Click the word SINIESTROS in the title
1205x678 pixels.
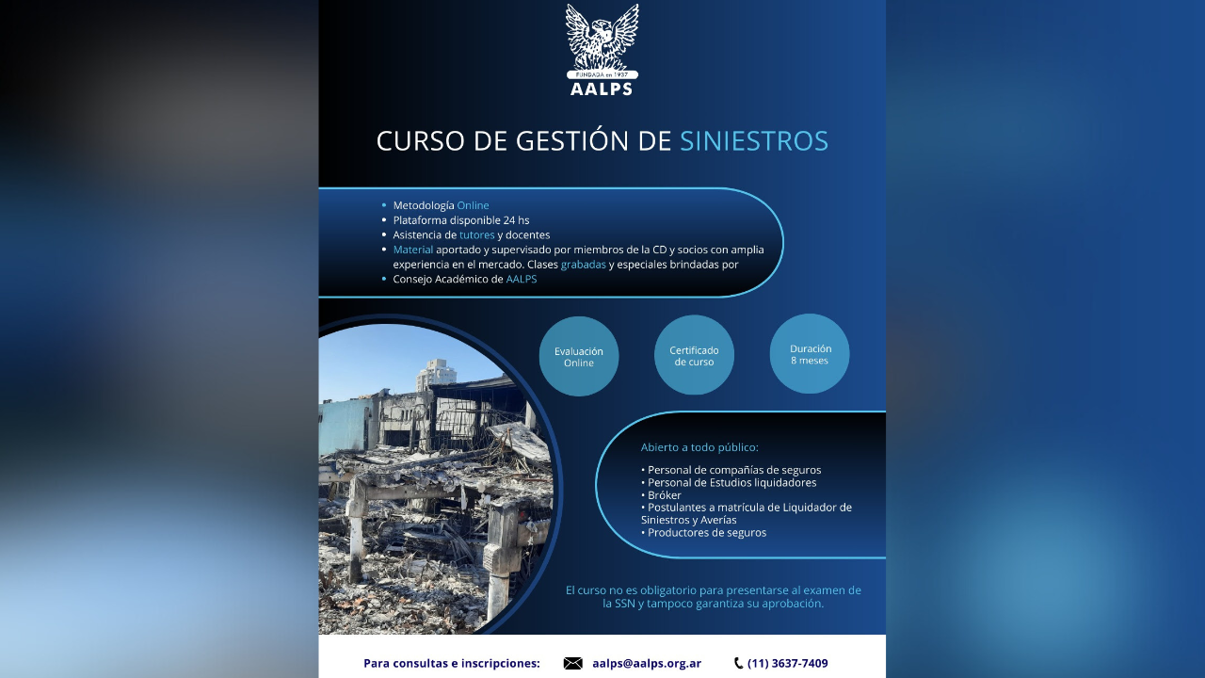[753, 141]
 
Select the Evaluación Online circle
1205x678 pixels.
[579, 356]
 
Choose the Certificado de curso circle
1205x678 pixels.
[694, 355]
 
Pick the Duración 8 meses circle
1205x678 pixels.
[810, 354]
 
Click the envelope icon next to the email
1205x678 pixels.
[572, 663]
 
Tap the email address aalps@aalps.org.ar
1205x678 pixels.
[647, 663]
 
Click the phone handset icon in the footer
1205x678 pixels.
[738, 663]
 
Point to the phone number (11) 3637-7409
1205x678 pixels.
[788, 663]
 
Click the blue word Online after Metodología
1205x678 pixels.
[473, 205]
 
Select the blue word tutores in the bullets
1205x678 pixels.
[476, 234]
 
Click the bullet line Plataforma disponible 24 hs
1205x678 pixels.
[461, 220]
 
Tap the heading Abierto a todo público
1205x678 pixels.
[699, 447]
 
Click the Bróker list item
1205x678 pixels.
[664, 495]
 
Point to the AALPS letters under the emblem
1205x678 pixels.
[602, 89]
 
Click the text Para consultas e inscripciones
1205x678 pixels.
[452, 663]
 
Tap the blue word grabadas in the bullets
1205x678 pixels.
[584, 265]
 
